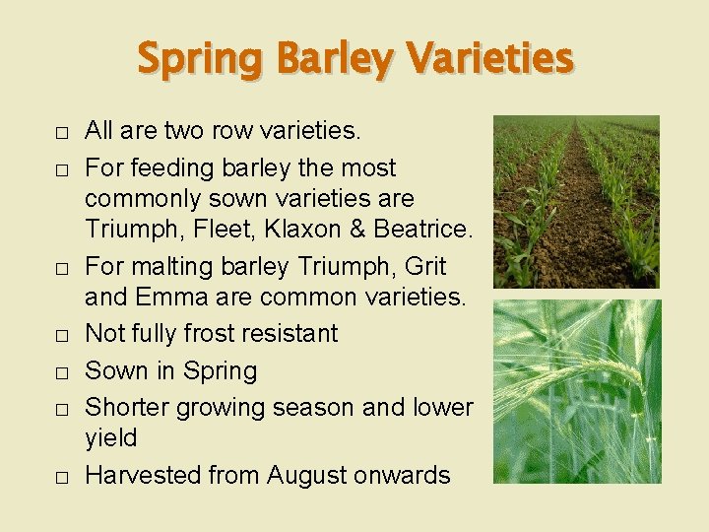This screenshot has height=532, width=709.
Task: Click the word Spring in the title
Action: pyautogui.click(x=201, y=58)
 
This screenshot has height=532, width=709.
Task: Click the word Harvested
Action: pyautogui.click(x=143, y=475)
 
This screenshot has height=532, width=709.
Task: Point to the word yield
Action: pyautogui.click(x=111, y=437)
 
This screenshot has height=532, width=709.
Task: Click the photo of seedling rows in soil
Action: pyautogui.click(x=576, y=202)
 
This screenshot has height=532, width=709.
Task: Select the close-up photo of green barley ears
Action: pyautogui.click(x=576, y=391)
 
